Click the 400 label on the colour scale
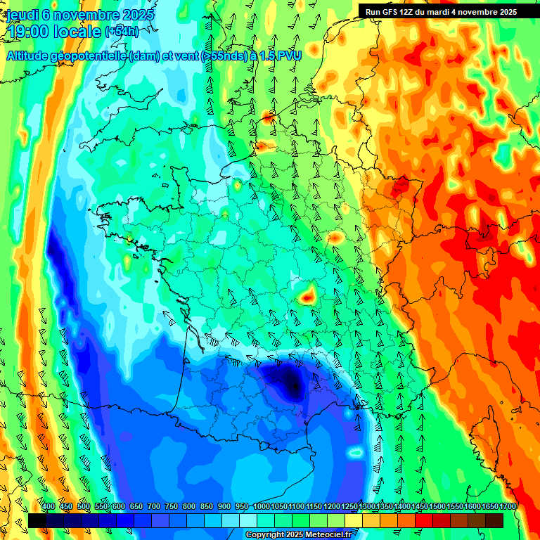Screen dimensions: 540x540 point(49,507)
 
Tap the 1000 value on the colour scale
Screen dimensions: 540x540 point(262,507)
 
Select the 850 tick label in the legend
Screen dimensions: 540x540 point(207,507)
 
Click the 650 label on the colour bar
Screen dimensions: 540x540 point(136,507)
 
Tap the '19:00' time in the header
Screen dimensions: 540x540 point(30,32)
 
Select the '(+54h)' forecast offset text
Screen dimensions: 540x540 point(121,32)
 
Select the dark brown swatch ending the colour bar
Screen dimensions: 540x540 point(494,520)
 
